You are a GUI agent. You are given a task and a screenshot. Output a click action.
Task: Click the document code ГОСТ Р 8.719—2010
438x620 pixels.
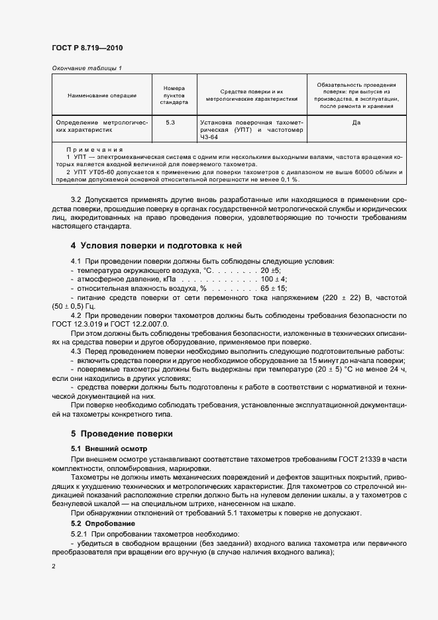tap(87, 48)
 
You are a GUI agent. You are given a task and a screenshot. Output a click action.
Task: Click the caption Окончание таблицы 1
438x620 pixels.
tap(87, 68)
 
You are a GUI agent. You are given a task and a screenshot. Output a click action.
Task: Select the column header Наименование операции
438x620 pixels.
tap(102, 96)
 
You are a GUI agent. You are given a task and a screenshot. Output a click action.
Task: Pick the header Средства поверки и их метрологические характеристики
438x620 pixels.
tap(251, 95)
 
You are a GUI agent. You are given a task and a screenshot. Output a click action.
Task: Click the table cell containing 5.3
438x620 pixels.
tap(170, 123)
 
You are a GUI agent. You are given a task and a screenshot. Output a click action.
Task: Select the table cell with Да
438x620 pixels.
tap(356, 123)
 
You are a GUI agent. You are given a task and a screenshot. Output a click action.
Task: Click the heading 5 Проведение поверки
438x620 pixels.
tap(121, 434)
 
